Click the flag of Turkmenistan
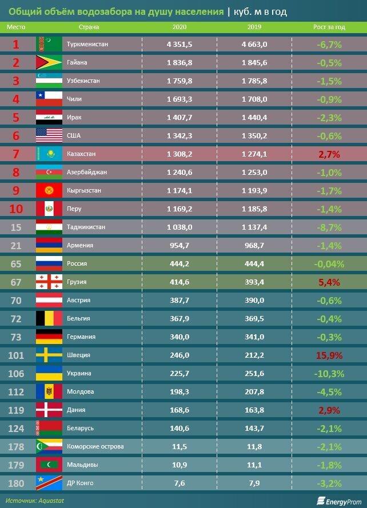(x=49, y=44)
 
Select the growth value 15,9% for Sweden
(x=329, y=355)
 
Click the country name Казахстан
(x=82, y=154)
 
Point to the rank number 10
(x=16, y=209)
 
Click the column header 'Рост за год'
(x=329, y=27)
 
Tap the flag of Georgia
(x=49, y=282)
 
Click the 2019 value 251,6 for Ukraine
(x=254, y=373)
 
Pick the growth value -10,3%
(x=329, y=373)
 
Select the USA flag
(x=49, y=135)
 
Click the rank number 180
(x=16, y=483)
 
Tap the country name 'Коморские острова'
(x=95, y=446)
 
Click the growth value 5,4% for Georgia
(x=329, y=282)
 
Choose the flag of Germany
(x=49, y=337)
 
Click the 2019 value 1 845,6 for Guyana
(x=254, y=62)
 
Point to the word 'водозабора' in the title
(x=103, y=11)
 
